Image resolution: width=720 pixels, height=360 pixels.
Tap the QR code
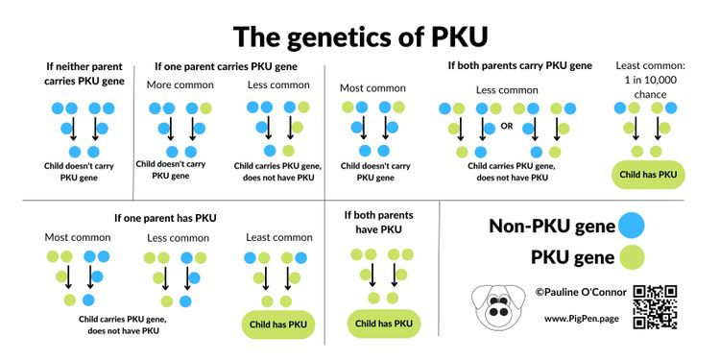[656, 306]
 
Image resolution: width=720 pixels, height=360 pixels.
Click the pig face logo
[497, 305]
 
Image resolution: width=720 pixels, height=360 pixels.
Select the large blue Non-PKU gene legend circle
[631, 226]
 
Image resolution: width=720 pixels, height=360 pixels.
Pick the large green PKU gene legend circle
[631, 256]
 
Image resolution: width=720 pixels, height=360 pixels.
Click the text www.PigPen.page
[581, 318]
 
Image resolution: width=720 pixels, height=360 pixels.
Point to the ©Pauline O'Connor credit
[581, 291]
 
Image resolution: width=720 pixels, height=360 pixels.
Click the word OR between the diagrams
[507, 126]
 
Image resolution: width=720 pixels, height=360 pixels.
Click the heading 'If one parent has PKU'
[165, 218]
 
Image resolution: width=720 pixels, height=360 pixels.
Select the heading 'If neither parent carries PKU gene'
[84, 74]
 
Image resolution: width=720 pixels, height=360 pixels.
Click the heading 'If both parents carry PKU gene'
[519, 65]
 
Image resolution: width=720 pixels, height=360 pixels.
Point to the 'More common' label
[180, 85]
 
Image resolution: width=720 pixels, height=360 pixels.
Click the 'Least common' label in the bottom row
[278, 237]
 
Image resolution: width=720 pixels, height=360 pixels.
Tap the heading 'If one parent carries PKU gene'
[226, 66]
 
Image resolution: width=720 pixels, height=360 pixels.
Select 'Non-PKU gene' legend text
[551, 227]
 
